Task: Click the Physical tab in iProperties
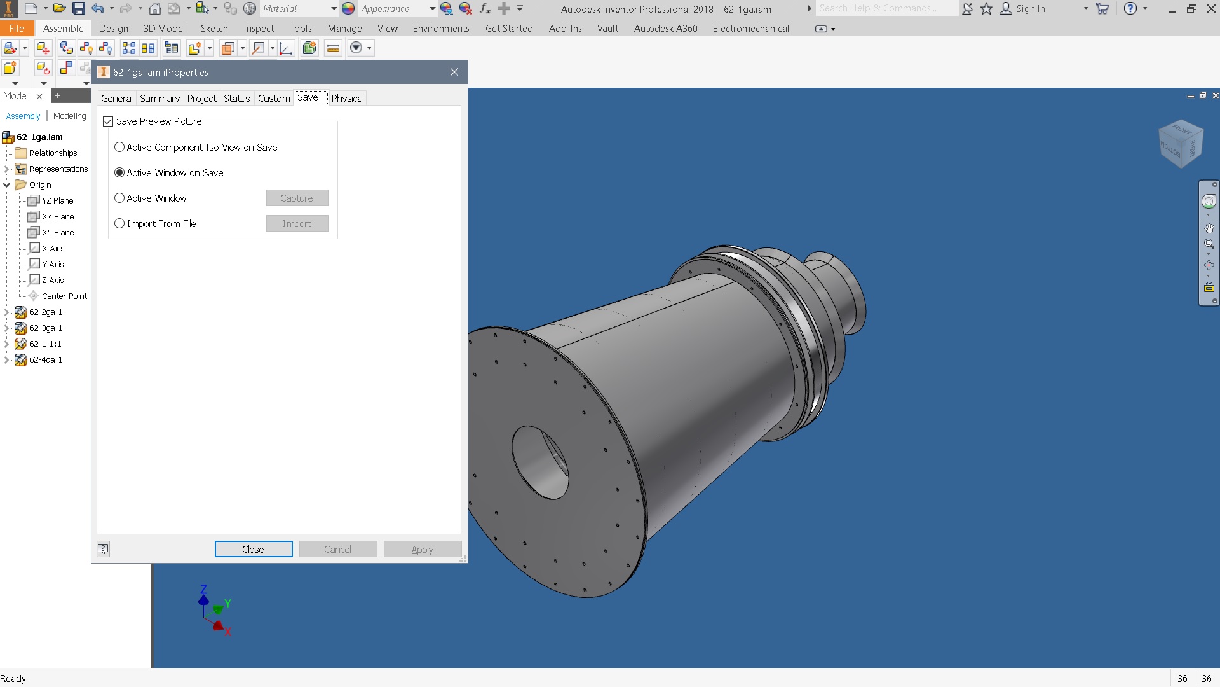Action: click(x=347, y=98)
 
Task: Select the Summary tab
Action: click(x=159, y=98)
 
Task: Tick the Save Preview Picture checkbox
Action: click(x=108, y=121)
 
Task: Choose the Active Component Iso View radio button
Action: click(x=119, y=147)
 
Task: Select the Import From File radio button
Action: click(x=119, y=223)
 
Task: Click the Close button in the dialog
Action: click(x=253, y=549)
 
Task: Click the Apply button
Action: click(x=422, y=549)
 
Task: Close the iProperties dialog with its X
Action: click(x=454, y=72)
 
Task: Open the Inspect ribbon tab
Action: click(x=259, y=29)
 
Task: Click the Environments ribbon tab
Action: click(x=440, y=29)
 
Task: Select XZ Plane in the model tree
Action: click(x=58, y=216)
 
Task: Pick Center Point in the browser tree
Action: click(x=64, y=296)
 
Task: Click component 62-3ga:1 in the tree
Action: click(x=46, y=328)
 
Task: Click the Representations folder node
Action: click(x=58, y=169)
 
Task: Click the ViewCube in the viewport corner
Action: click(x=1180, y=144)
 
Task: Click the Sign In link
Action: click(x=1030, y=9)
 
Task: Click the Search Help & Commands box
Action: click(x=886, y=9)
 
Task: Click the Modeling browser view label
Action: click(x=69, y=116)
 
